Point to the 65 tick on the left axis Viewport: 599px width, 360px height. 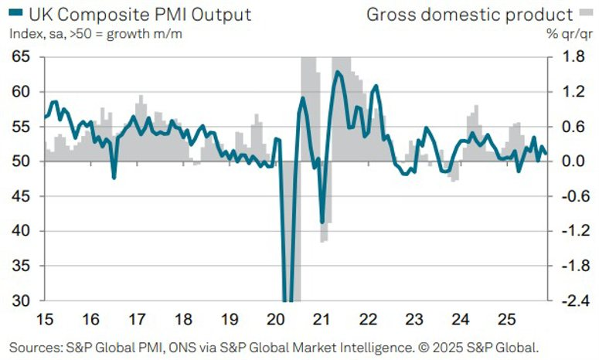click(x=21, y=57)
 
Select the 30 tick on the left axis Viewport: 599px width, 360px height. click(x=21, y=301)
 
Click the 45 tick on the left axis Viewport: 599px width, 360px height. click(x=21, y=196)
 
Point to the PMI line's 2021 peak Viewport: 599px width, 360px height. click(x=338, y=72)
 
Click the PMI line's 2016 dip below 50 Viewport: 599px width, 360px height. click(x=114, y=178)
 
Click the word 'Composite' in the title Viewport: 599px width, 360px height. click(x=104, y=14)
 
